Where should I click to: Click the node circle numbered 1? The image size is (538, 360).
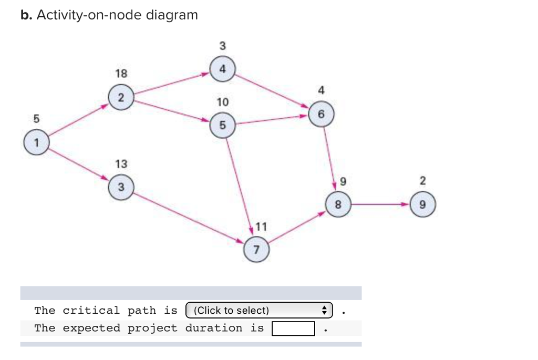tap(36, 142)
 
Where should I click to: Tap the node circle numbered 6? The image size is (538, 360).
tap(322, 114)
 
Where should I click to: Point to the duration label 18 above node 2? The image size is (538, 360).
tap(121, 73)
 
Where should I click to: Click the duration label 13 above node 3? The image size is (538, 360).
tap(121, 164)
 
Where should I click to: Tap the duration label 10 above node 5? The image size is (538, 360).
tap(222, 101)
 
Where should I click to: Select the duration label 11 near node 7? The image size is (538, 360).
tap(261, 227)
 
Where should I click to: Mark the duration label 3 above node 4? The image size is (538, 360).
tap(222, 45)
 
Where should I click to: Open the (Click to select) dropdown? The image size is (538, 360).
tap(260, 310)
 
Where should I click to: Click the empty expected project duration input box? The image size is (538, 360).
tap(293, 328)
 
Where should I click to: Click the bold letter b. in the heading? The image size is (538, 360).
tap(26, 15)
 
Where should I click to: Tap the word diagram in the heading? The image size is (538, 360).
tap(172, 15)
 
